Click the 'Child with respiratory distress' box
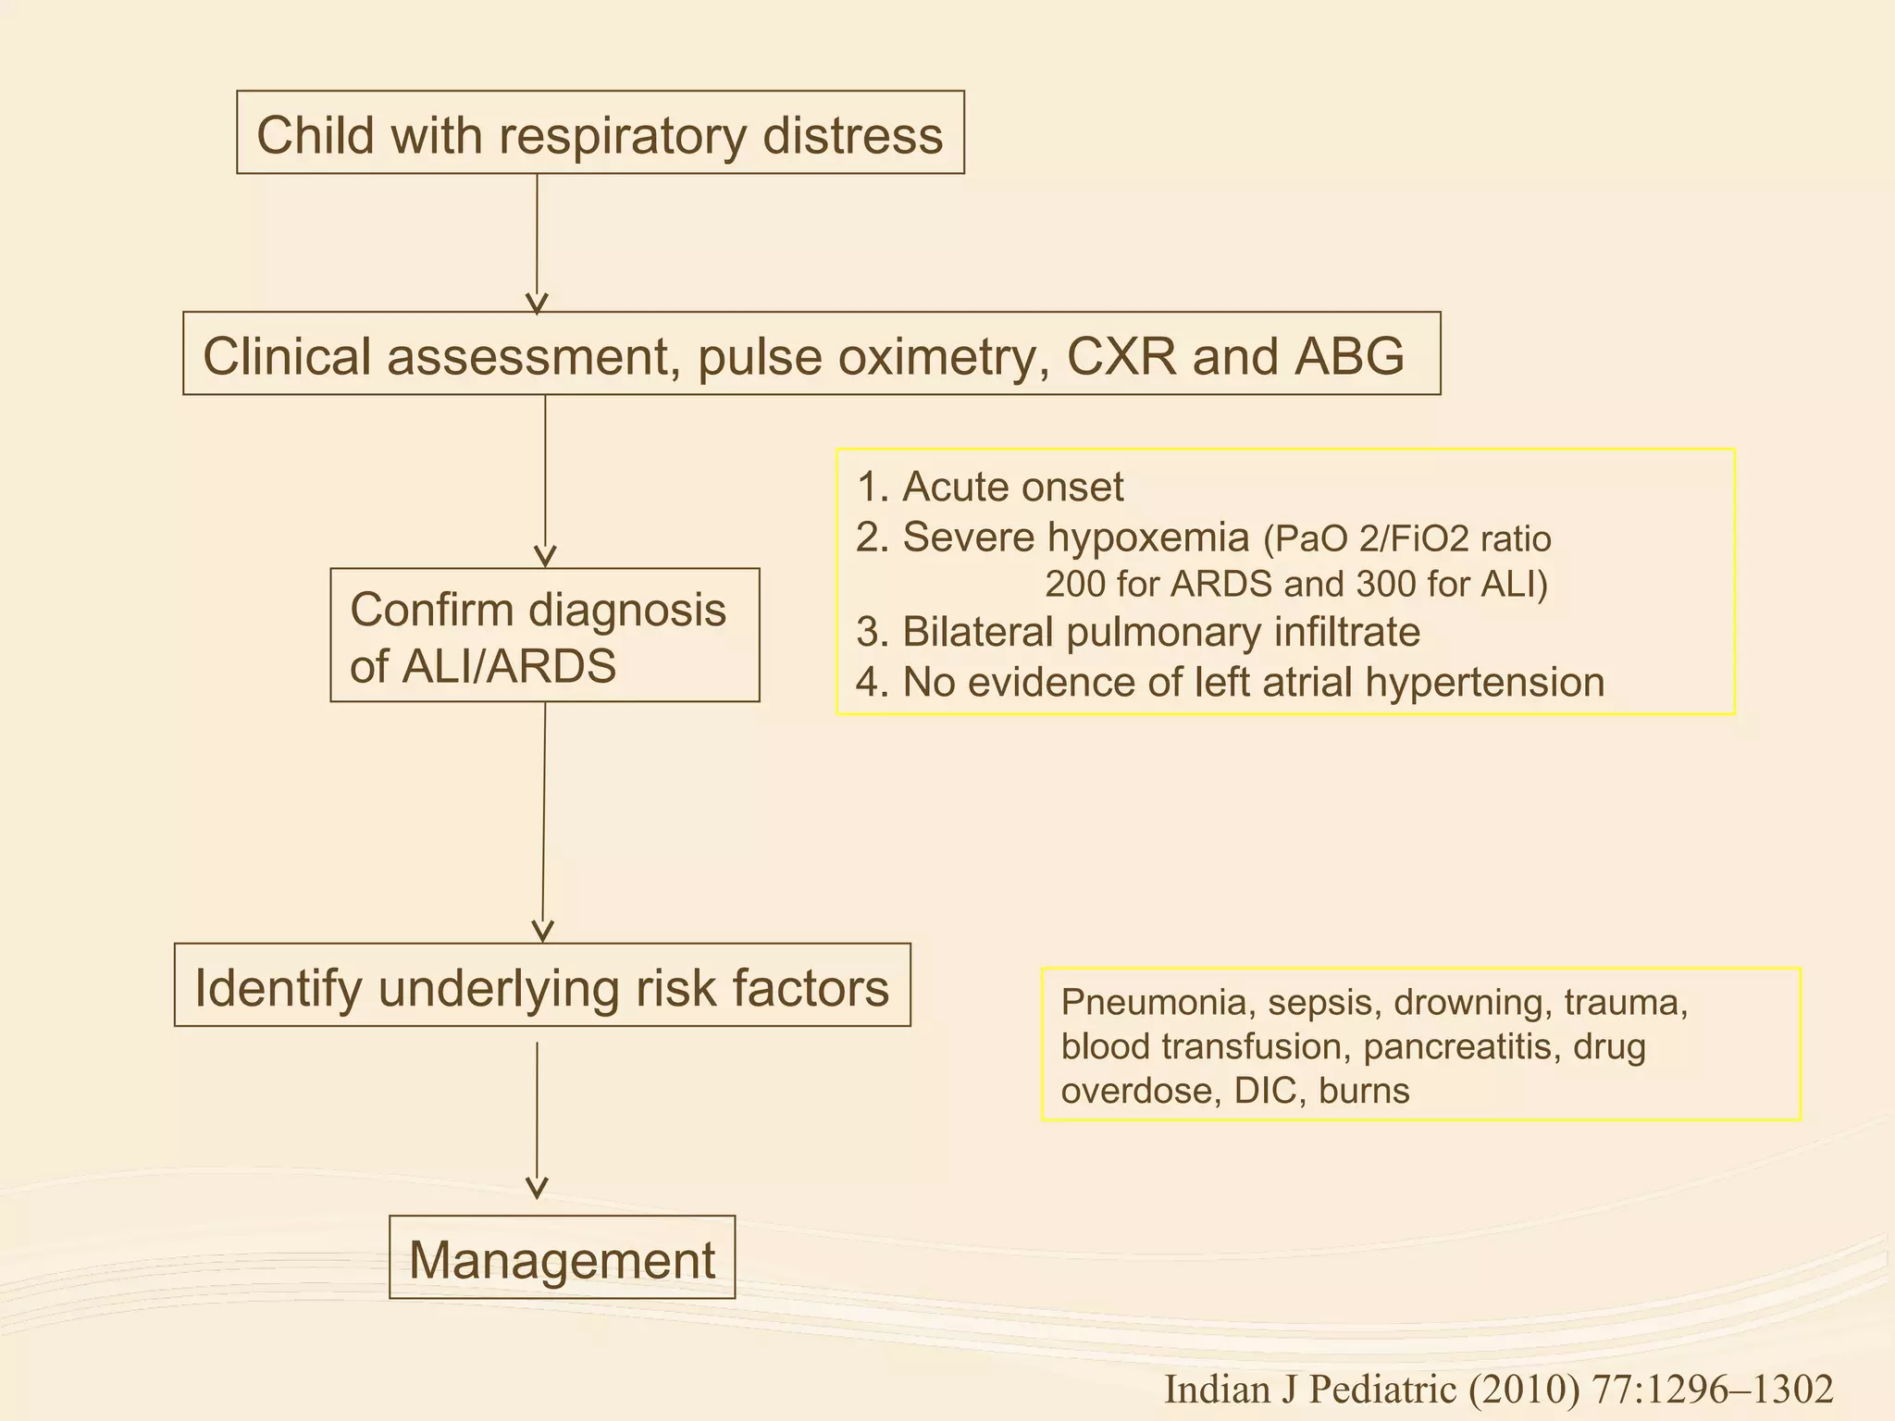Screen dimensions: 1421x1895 pyautogui.click(x=600, y=133)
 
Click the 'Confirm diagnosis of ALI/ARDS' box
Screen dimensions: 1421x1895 pyautogui.click(x=544, y=636)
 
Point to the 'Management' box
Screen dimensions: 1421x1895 pyautogui.click(x=562, y=1258)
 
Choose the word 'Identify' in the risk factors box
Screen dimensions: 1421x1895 pyautogui.click(x=279, y=987)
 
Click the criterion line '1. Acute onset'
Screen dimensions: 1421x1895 pyautogui.click(x=990, y=488)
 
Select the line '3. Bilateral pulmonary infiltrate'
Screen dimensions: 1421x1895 pyautogui.click(x=1138, y=633)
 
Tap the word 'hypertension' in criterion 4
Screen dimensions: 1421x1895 pyautogui.click(x=1484, y=683)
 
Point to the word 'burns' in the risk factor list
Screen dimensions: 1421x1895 pyautogui.click(x=1364, y=1092)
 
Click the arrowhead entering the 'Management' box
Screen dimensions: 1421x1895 pyautogui.click(x=537, y=1188)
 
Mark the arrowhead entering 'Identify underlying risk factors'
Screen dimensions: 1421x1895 pyautogui.click(x=543, y=931)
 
